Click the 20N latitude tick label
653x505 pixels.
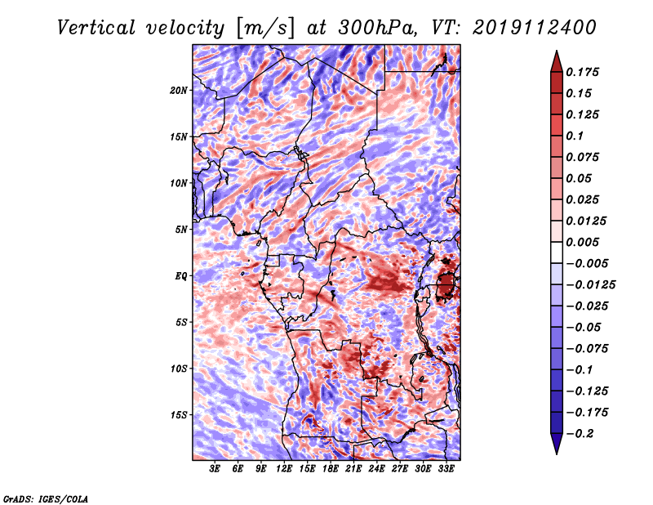(x=179, y=90)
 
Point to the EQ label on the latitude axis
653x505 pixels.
(x=181, y=275)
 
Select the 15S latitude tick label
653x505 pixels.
(x=179, y=415)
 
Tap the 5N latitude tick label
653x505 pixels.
(x=181, y=230)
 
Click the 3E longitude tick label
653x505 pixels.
(x=215, y=468)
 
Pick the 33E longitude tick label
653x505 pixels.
(x=446, y=468)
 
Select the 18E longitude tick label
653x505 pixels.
(x=331, y=468)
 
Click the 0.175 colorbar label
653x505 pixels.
(x=582, y=72)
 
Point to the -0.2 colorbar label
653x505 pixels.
(x=580, y=434)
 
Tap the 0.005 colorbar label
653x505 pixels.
(x=582, y=242)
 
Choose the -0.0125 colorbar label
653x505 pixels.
(x=590, y=285)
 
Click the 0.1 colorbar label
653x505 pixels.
(x=575, y=136)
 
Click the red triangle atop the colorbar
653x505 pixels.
(x=557, y=62)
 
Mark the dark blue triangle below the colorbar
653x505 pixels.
(x=557, y=443)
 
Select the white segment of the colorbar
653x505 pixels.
(x=557, y=252)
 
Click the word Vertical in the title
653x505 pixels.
(x=96, y=28)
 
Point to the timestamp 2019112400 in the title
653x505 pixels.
(x=535, y=28)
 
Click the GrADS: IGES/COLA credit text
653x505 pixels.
(x=46, y=498)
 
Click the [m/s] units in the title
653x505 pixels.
(x=266, y=29)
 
